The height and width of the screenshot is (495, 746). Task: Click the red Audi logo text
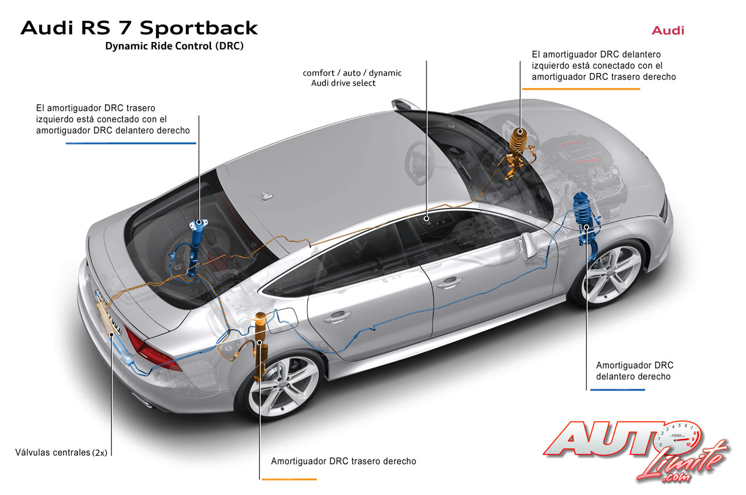[668, 30]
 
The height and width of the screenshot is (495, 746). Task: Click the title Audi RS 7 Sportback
[139, 28]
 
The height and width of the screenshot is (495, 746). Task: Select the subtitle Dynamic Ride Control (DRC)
[174, 47]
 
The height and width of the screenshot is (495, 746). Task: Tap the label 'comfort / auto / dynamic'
[352, 73]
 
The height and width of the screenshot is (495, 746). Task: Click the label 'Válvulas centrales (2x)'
[62, 452]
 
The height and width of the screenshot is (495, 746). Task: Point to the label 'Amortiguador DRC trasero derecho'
[343, 461]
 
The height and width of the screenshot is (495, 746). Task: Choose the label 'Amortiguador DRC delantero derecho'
[635, 371]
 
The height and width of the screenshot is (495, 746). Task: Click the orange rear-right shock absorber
[258, 338]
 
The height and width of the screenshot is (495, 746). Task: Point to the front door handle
[448, 283]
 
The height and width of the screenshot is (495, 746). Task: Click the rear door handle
[338, 316]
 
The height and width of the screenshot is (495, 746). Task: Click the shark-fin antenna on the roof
[268, 196]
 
